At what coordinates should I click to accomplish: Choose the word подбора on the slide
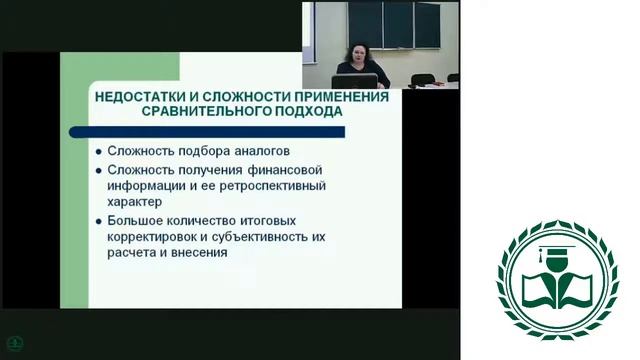[x=201, y=151]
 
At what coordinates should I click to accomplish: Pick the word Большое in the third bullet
[x=139, y=220]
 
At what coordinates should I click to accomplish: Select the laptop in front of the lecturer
[x=359, y=81]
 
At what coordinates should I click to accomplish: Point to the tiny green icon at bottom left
[x=12, y=342]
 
